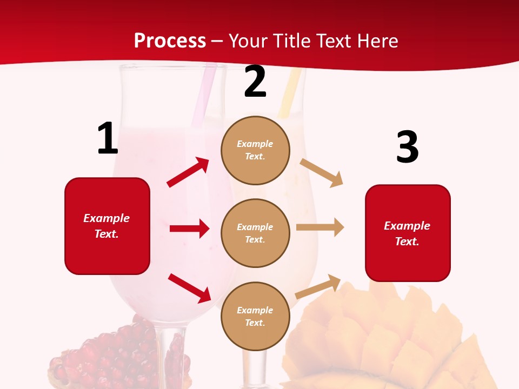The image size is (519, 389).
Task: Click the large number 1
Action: click(108, 139)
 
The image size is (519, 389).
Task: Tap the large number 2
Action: click(255, 82)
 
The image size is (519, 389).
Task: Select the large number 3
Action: click(407, 147)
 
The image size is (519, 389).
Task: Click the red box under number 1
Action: click(107, 226)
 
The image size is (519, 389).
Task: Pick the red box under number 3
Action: click(408, 233)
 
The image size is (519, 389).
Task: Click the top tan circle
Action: click(255, 150)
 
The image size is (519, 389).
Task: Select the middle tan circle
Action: click(255, 233)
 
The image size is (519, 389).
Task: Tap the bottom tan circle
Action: click(255, 316)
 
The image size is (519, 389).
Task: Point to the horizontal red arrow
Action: click(189, 229)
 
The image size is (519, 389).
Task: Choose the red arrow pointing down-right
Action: click(189, 288)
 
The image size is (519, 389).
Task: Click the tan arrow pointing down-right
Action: click(322, 172)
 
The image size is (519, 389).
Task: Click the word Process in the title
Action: click(170, 41)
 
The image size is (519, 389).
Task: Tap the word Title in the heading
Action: click(291, 41)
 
